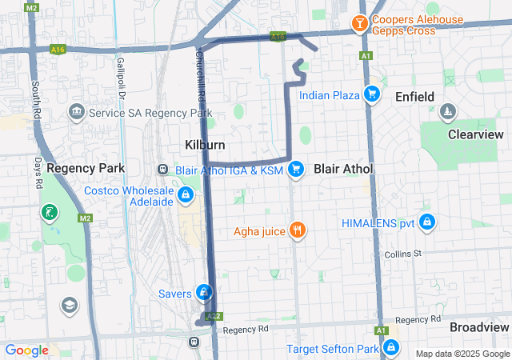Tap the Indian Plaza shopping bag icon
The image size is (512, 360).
tap(371, 95)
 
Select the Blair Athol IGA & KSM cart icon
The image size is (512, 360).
tap(297, 169)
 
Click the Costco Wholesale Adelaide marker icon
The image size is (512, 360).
tap(186, 194)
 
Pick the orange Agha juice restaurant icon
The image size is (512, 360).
tap(297, 232)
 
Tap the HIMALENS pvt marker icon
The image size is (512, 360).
tap(427, 222)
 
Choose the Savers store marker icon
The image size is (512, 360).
tap(205, 292)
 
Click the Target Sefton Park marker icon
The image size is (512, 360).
tap(391, 348)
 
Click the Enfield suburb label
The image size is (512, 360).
tap(414, 97)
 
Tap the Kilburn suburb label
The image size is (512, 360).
tap(205, 145)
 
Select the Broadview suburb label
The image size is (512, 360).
tap(478, 328)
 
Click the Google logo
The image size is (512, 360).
tap(26, 350)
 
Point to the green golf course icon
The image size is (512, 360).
tap(50, 212)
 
